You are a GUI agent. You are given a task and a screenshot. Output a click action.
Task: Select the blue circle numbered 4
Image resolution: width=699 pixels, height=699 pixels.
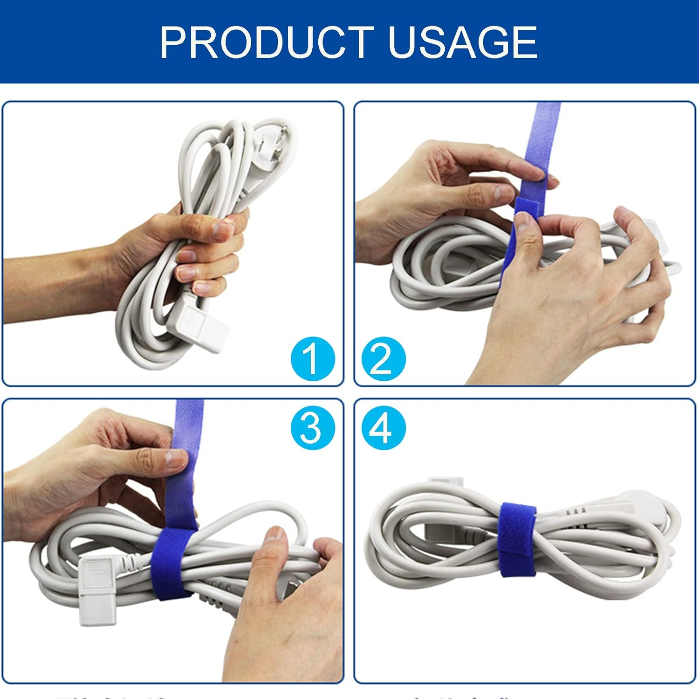(383, 427)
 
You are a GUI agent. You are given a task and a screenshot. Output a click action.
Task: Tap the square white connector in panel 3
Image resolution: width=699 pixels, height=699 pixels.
(96, 592)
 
